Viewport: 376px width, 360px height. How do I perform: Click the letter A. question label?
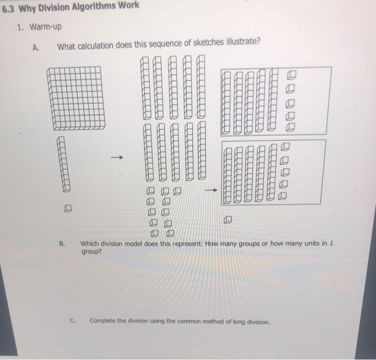[x=35, y=47]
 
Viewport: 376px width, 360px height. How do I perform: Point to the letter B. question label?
[x=62, y=243]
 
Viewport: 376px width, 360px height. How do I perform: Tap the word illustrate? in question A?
[x=240, y=45]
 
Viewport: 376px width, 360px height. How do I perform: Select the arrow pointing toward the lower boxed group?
[x=211, y=190]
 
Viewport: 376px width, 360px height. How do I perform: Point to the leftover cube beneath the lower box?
[x=228, y=219]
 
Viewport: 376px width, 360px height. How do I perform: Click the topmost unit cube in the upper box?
[x=292, y=75]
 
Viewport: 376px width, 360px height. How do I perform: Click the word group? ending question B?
[x=90, y=250]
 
